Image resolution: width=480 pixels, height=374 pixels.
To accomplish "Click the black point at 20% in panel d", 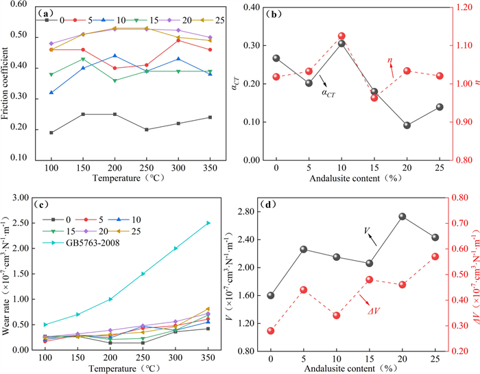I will pos(403,217).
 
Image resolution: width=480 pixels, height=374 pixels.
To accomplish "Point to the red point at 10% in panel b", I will pos(341,36).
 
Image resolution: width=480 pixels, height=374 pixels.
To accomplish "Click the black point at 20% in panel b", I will pos(407,126).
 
